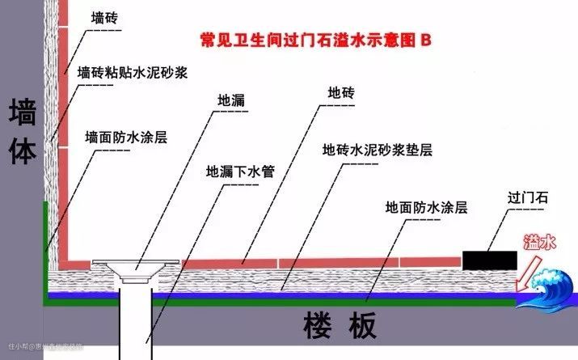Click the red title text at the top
(x=316, y=40)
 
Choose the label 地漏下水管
(x=241, y=172)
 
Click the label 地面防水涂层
(x=427, y=207)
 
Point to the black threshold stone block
(x=490, y=259)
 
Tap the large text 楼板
(x=340, y=327)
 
